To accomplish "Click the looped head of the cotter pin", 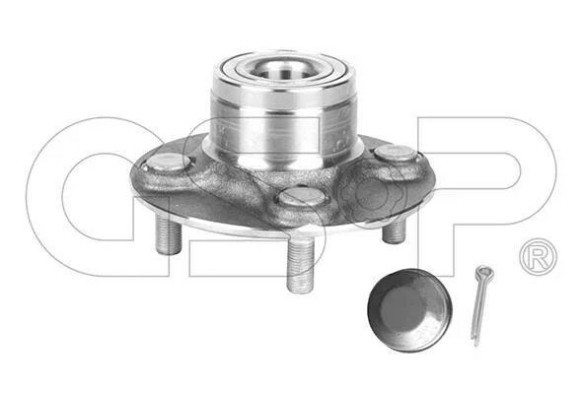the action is [x=484, y=273].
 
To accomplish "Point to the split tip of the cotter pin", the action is [x=475, y=343].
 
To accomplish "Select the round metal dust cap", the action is [x=409, y=310].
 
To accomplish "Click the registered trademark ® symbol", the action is [x=539, y=257].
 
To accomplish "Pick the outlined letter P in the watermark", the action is [x=486, y=196].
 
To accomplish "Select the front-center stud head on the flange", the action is [x=303, y=196].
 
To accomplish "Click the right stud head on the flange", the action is [x=396, y=153].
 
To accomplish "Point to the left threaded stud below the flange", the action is [x=169, y=235].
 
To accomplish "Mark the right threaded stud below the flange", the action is [x=394, y=231].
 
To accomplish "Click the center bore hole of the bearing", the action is [x=285, y=71].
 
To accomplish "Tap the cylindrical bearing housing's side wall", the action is [x=284, y=122].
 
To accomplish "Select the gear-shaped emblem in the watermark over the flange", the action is [x=371, y=193].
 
